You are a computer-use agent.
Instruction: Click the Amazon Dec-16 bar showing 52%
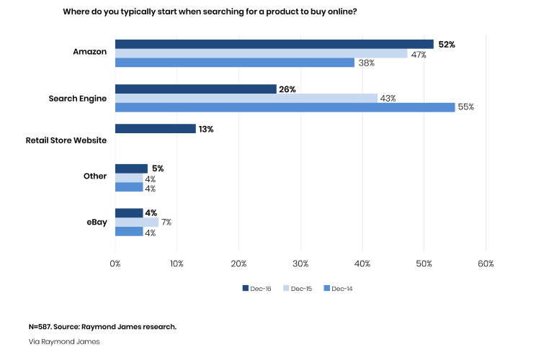pos(274,44)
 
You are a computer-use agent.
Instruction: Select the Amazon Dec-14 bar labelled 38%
pos(234,63)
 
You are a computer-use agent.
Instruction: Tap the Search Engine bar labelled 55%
pos(285,107)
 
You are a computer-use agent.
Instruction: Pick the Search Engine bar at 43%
pos(246,98)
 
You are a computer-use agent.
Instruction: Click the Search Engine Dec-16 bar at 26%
pos(195,89)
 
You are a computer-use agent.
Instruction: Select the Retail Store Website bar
pos(155,129)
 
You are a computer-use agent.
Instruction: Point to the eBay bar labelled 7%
pos(136,222)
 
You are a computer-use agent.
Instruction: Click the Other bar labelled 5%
pos(131,168)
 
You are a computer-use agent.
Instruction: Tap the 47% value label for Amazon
pos(418,54)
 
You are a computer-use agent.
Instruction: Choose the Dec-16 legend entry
pos(257,289)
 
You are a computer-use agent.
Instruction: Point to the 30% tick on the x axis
pos(301,264)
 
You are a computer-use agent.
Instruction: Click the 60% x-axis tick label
pos(486,264)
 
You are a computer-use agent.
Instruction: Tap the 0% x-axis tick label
pos(115,264)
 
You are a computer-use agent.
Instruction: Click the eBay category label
pos(97,222)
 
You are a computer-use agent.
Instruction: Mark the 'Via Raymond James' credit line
pos(64,342)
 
